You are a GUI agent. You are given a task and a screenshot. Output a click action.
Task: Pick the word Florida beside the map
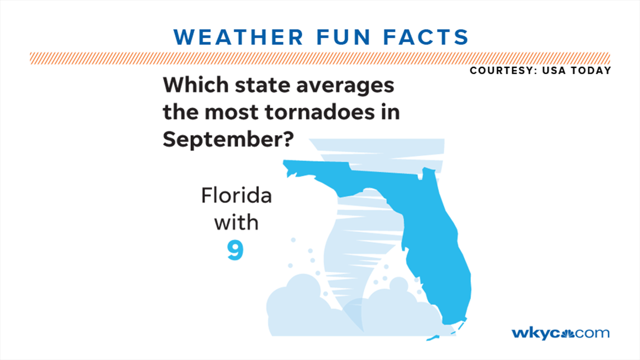point(236,197)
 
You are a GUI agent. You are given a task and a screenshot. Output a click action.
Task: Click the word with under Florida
point(236,223)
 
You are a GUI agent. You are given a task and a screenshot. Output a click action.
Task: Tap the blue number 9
point(236,250)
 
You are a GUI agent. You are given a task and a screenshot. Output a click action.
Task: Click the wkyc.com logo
point(560,332)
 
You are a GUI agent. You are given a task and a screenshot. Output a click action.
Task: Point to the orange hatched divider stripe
point(319,58)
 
